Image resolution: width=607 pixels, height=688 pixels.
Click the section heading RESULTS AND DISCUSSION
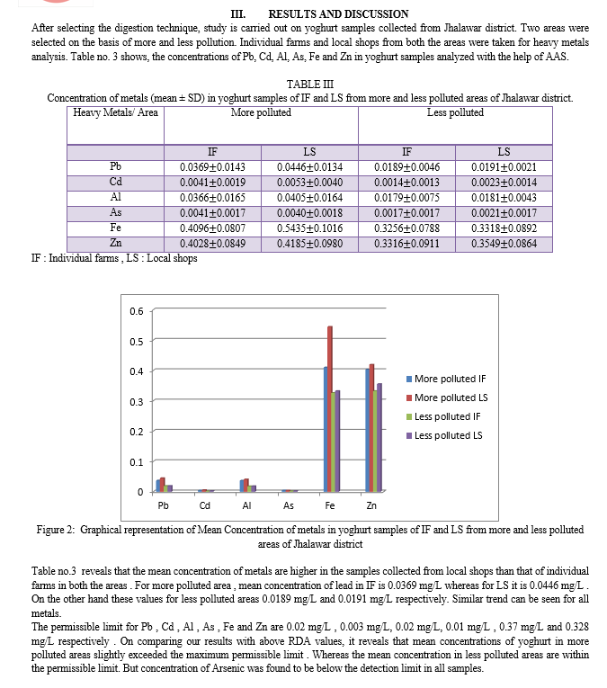[x=338, y=13]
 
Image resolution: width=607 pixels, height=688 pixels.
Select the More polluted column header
[x=261, y=112]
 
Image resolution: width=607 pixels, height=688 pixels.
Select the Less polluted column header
[x=455, y=112]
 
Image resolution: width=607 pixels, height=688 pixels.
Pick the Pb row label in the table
[x=115, y=166]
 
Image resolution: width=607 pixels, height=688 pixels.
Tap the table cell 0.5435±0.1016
[x=309, y=228]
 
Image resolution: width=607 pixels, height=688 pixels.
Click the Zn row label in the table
[x=115, y=244]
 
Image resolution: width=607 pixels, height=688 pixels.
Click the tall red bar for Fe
[x=331, y=408]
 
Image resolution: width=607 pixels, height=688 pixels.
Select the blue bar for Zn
[x=367, y=430]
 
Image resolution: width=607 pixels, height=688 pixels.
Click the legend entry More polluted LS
[x=451, y=398]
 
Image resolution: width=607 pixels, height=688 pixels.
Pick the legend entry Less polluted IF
[x=448, y=416]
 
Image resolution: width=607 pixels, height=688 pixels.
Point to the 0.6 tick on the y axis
[x=136, y=311]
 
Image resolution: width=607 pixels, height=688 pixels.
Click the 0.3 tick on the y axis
[x=136, y=401]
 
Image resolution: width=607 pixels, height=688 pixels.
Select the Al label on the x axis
[x=246, y=505]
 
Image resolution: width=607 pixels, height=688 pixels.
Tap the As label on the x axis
[x=288, y=505]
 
